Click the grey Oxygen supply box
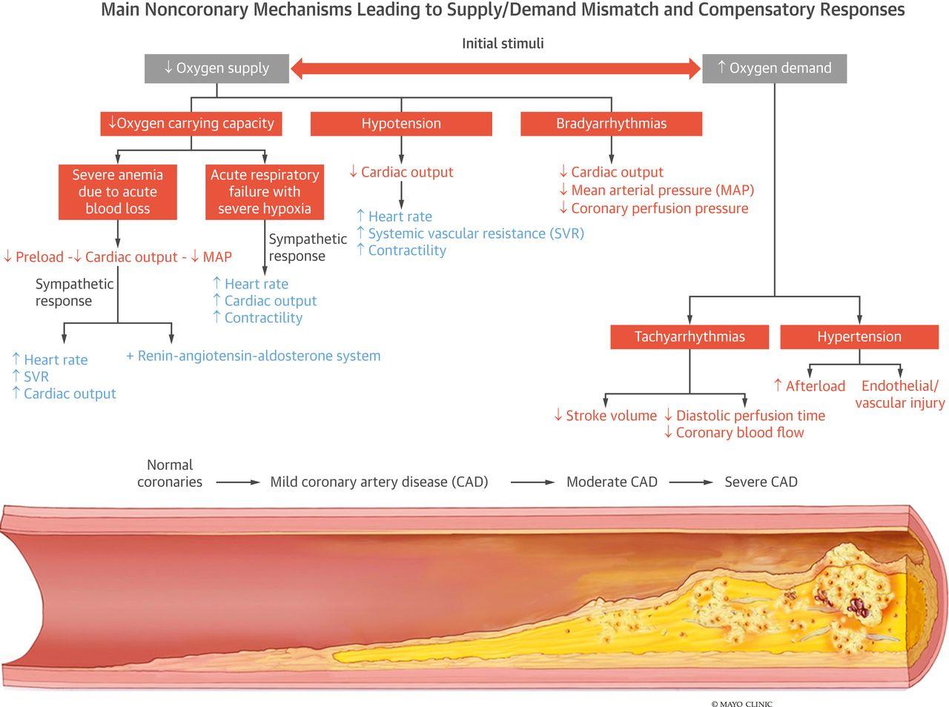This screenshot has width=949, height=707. coord(216,68)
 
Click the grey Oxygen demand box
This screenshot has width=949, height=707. coord(774,68)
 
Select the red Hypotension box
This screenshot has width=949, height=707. coord(401,124)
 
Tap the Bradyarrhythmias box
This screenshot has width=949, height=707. coord(611,124)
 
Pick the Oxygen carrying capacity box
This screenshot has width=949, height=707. coord(191,124)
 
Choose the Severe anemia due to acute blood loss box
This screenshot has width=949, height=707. coord(118,192)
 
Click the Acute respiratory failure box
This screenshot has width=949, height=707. coord(265,192)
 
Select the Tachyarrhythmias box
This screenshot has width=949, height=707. coord(690,336)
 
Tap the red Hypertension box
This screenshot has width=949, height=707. coord(859,336)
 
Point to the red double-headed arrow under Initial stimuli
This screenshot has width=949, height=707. coord(495,70)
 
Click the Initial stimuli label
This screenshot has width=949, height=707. coord(503,44)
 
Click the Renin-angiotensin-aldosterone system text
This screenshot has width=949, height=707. coord(254,356)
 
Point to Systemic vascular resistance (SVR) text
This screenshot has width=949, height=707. coord(475,233)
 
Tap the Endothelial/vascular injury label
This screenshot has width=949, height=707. coord(900,394)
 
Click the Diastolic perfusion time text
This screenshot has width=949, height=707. coord(750,416)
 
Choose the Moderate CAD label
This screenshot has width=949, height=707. coord(612,482)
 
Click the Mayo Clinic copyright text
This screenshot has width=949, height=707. coord(741,703)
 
